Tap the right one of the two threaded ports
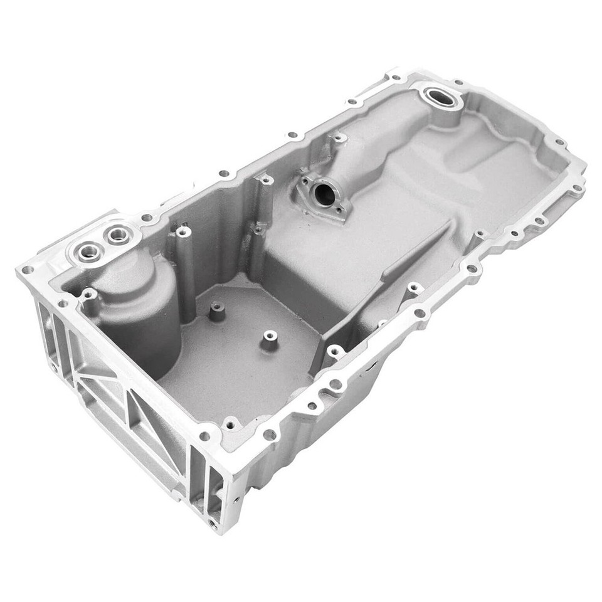117,235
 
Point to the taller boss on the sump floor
217,310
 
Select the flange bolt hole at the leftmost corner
27,270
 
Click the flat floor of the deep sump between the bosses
238,364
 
